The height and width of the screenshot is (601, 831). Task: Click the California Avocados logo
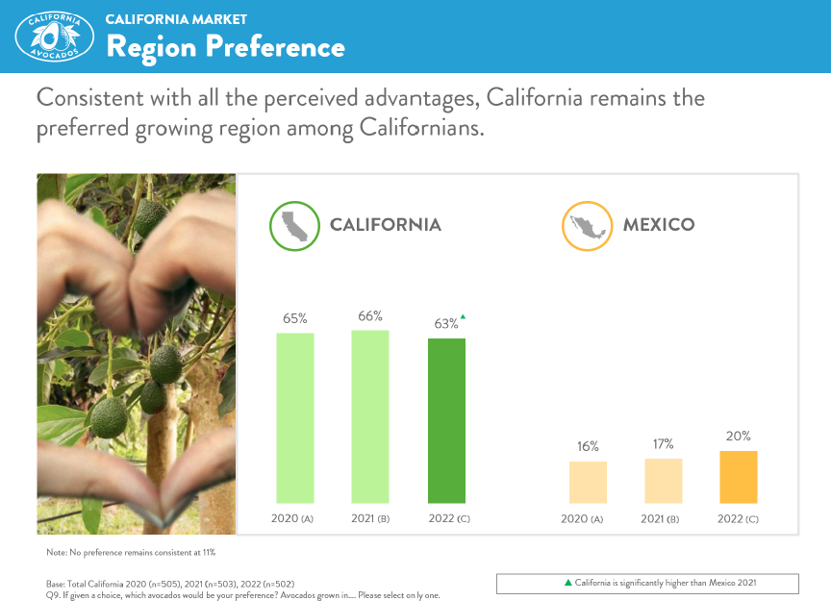(x=54, y=37)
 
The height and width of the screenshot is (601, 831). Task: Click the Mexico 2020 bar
(x=588, y=482)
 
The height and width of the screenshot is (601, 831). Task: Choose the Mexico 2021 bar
(x=664, y=480)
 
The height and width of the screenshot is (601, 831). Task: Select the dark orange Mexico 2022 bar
(x=739, y=476)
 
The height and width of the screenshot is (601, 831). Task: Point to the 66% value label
(x=370, y=315)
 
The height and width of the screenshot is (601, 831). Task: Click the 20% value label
(x=739, y=436)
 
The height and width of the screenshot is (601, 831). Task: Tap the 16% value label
(x=588, y=446)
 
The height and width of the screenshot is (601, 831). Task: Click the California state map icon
(x=292, y=226)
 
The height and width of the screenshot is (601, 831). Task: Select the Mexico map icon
(x=586, y=226)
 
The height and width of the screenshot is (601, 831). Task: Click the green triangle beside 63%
(x=463, y=316)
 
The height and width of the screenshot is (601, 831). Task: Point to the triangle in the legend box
(x=567, y=583)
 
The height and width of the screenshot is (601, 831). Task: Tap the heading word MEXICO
(x=659, y=225)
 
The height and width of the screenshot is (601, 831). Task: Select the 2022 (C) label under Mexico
(x=739, y=519)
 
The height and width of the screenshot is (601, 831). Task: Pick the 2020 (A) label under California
(x=294, y=519)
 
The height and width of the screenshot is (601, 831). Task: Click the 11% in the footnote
(x=209, y=552)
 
